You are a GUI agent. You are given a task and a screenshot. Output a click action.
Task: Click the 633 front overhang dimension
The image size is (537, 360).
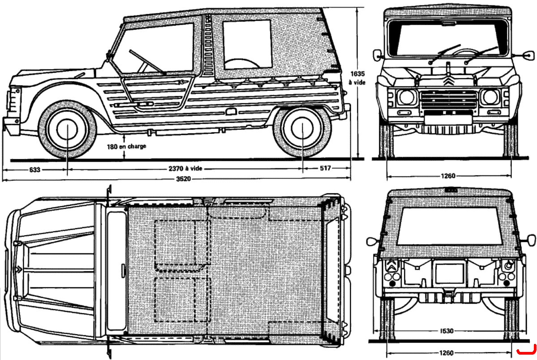pos(34,169)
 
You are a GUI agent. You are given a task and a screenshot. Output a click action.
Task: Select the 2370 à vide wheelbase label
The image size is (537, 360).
pos(185,168)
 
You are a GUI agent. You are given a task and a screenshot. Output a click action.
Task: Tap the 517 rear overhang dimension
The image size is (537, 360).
pos(325,168)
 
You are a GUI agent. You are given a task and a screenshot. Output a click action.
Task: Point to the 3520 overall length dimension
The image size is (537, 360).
pos(184,179)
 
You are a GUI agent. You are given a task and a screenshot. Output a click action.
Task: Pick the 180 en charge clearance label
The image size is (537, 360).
pos(126,146)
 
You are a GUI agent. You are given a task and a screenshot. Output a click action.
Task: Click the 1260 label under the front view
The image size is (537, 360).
pos(448,176)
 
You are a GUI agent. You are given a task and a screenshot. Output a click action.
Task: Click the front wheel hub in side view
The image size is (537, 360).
pos(68,129)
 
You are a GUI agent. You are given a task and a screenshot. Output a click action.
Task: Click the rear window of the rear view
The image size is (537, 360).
pos(449,227)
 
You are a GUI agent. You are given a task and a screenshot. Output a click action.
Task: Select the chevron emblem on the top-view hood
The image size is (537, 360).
pos(18,270)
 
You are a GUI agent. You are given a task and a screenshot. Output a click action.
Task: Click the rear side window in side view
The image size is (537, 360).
pos(247,44)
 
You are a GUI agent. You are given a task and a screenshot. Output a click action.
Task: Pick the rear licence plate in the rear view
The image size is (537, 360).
pos(449,273)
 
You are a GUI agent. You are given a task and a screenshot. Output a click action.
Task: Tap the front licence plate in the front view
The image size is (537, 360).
pos(448,119)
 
